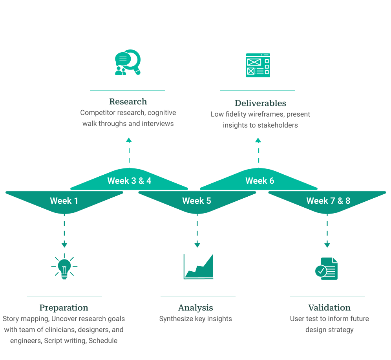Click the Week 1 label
coord(64,201)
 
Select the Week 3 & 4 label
coord(129,181)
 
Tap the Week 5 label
coord(197,201)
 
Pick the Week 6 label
coord(259,181)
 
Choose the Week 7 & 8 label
coord(328,201)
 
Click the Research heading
coord(128,102)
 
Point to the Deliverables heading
coord(260,103)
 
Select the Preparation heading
coord(64,308)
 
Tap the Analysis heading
coord(195,308)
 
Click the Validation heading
coord(329,308)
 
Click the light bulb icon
coord(64,267)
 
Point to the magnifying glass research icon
coord(128,62)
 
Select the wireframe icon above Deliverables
coord(258,66)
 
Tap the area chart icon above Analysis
coord(199,267)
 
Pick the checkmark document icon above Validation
coord(327,269)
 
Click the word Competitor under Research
coord(98,113)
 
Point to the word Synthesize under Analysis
coord(176,319)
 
